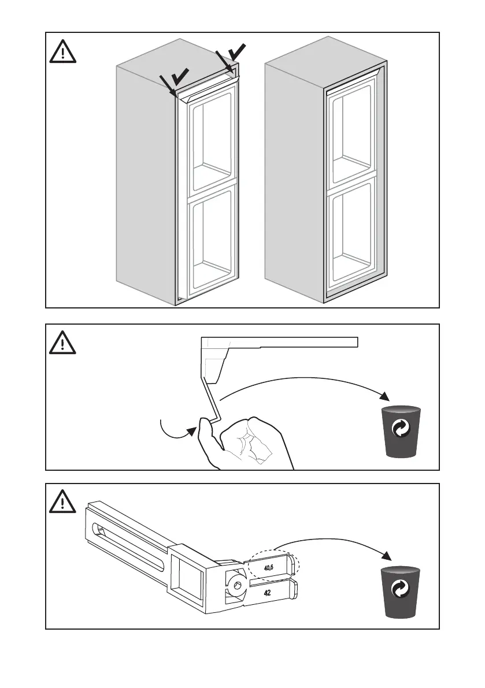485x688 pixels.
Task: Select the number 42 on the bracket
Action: (268, 592)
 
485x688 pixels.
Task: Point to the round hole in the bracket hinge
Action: (235, 585)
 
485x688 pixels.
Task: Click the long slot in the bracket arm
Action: (130, 531)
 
